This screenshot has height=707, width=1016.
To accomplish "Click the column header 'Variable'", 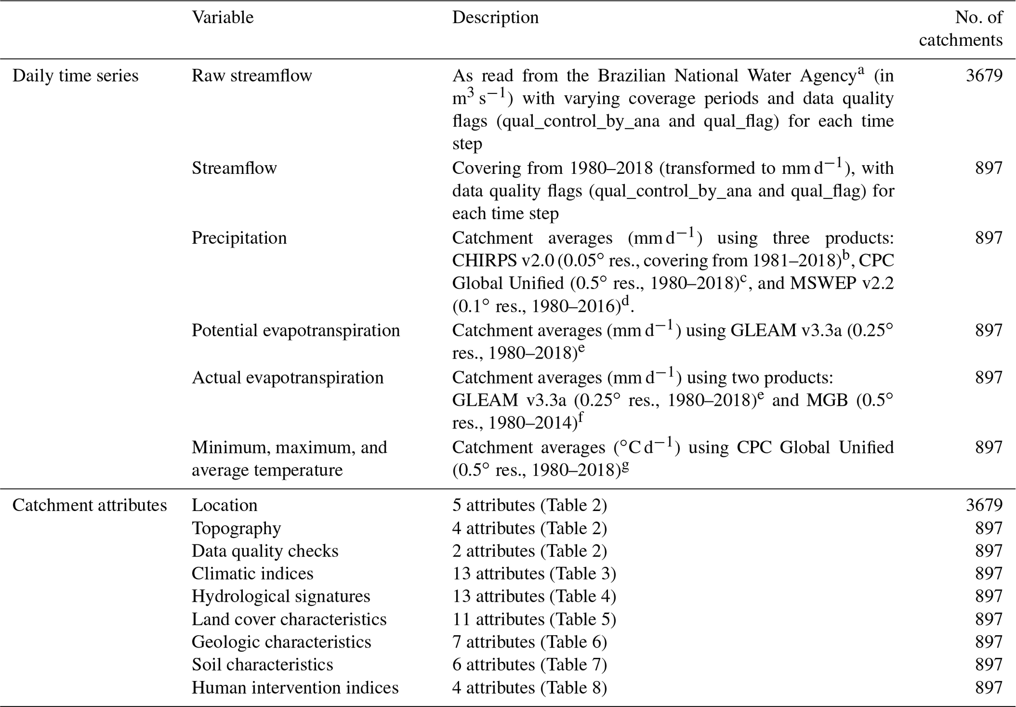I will (223, 18).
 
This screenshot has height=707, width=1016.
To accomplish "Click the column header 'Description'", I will (495, 18).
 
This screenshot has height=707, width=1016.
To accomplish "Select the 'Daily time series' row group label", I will (75, 76).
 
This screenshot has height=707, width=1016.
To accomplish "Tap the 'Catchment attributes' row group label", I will (89, 506).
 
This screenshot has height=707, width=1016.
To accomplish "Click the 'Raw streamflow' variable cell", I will (252, 76).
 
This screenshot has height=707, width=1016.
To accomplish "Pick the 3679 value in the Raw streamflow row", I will (984, 76).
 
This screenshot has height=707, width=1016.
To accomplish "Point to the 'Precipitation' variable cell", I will (239, 238).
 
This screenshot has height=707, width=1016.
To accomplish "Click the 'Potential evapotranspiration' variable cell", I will (295, 330).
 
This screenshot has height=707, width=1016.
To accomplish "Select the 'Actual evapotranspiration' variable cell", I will (288, 378).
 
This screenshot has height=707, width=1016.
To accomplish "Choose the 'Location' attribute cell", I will (224, 506).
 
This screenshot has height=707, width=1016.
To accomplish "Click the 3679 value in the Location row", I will (984, 506).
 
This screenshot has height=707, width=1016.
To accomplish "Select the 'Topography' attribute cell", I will (236, 528).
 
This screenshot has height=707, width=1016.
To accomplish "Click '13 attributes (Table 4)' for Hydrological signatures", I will (534, 596).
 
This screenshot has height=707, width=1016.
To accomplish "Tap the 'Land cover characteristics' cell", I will (289, 619).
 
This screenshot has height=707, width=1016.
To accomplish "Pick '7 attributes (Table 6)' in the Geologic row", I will (529, 642).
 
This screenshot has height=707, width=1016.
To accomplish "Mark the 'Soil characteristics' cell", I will (262, 665).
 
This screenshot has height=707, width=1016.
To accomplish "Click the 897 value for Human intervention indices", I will (988, 688).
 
